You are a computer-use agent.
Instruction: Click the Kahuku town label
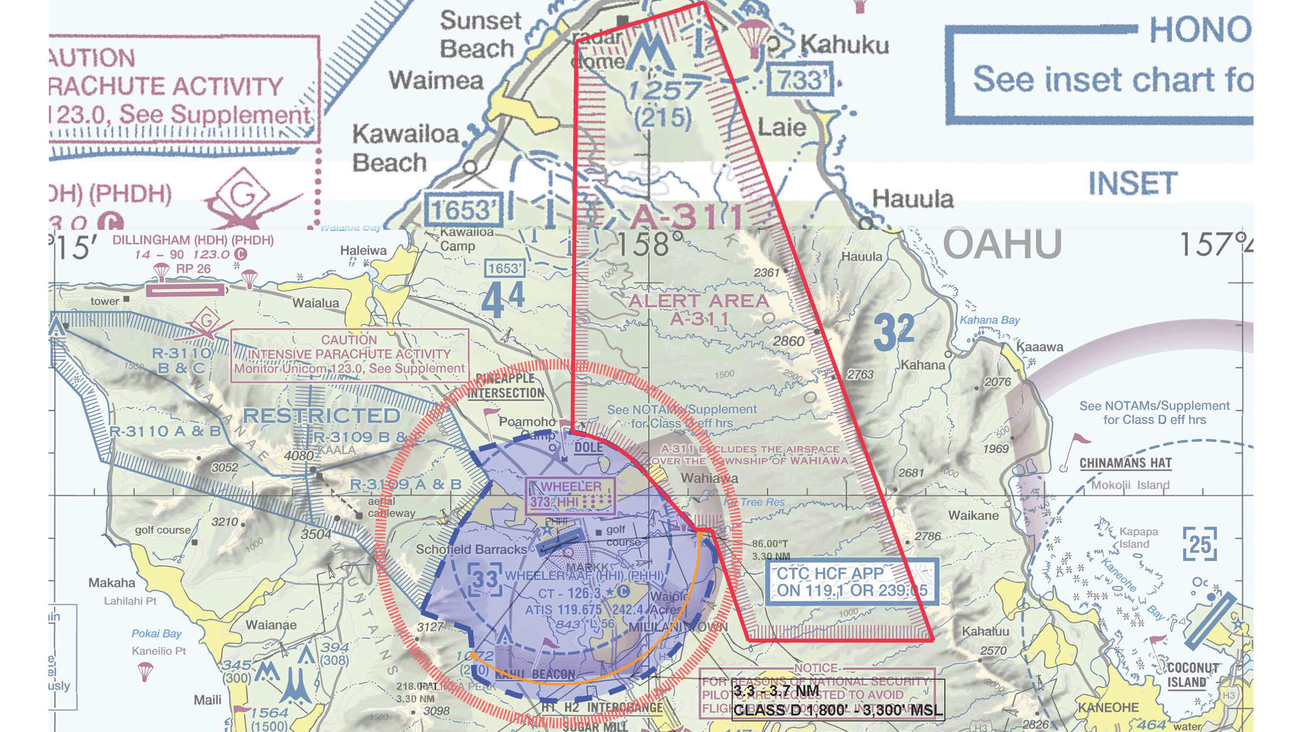pyautogui.click(x=845, y=46)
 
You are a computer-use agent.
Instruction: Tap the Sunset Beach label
pyautogui.click(x=479, y=34)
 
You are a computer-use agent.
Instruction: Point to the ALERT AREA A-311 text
pyautogui.click(x=699, y=309)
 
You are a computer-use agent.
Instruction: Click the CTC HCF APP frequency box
pyautogui.click(x=851, y=581)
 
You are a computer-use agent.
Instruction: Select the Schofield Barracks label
pyautogui.click(x=471, y=549)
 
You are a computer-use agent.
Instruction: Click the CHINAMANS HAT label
pyautogui.click(x=1125, y=463)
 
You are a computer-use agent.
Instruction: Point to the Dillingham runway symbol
pyautogui.click(x=185, y=290)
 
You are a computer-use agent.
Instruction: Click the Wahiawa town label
pyautogui.click(x=709, y=478)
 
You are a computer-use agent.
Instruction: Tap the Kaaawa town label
pyautogui.click(x=1039, y=347)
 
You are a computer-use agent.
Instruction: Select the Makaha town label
pyautogui.click(x=111, y=583)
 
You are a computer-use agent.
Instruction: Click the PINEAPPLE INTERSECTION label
pyautogui.click(x=505, y=385)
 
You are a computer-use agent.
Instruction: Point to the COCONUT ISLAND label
pyautogui.click(x=1191, y=675)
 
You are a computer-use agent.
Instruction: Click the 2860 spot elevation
pyautogui.click(x=788, y=341)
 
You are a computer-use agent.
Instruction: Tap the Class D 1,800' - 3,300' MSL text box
pyautogui.click(x=837, y=700)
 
